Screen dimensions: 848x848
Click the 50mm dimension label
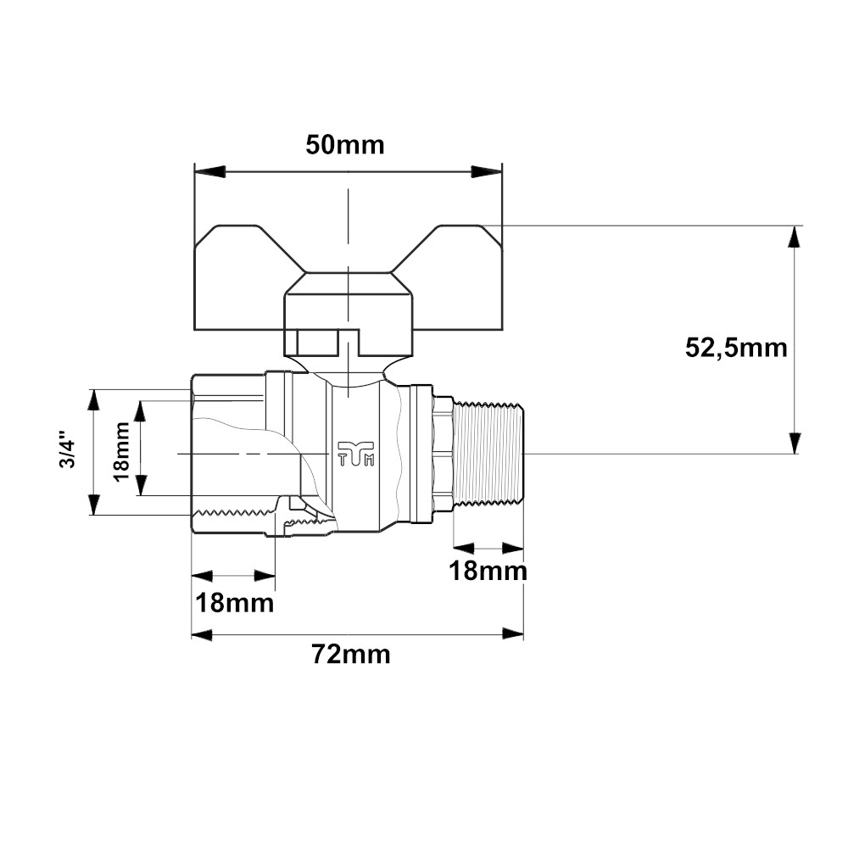pyautogui.click(x=345, y=145)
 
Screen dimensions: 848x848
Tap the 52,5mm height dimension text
pyautogui.click(x=736, y=348)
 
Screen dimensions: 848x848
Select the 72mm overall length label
pyautogui.click(x=351, y=655)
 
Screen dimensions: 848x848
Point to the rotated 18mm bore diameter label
pyautogui.click(x=122, y=450)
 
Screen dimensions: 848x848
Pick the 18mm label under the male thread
pyautogui.click(x=488, y=571)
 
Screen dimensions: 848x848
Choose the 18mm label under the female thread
pyautogui.click(x=235, y=604)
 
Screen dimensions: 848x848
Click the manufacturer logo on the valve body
pyautogui.click(x=356, y=453)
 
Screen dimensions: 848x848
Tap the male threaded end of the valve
pyautogui.click(x=488, y=453)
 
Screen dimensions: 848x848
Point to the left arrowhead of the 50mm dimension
pyautogui.click(x=210, y=171)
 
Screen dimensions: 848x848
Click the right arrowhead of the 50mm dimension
pyautogui.click(x=487, y=171)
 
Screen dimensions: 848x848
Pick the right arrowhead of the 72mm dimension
pyautogui.click(x=512, y=634)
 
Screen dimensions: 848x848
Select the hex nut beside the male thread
pyautogui.click(x=443, y=453)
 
